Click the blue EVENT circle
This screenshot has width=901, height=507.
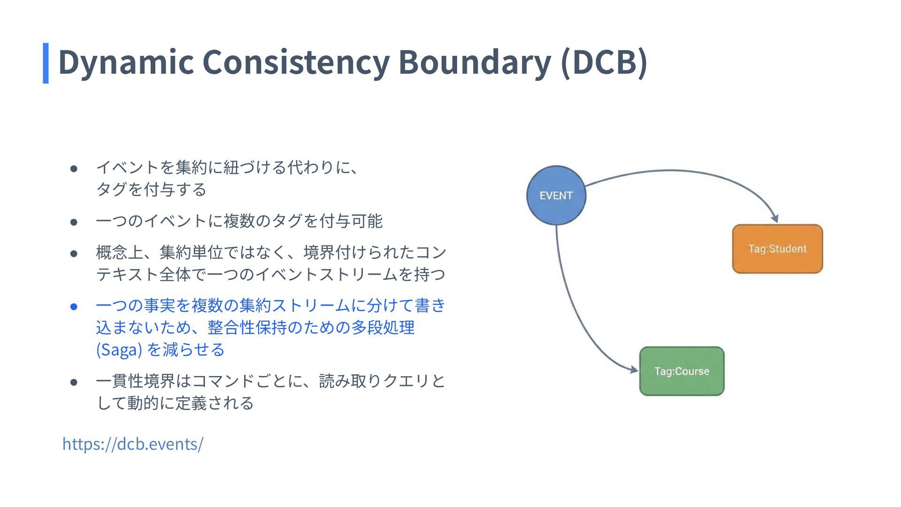[556, 195]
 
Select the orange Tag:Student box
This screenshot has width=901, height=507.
[777, 249]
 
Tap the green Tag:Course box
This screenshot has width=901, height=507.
[681, 371]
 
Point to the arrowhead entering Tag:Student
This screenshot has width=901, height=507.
[775, 218]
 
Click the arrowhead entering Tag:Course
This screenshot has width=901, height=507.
[634, 369]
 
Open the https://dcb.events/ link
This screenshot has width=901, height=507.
[133, 444]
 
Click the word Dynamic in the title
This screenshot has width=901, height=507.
[126, 62]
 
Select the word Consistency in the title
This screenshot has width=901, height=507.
[296, 62]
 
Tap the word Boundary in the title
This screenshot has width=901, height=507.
[474, 62]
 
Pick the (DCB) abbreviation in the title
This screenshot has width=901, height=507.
[604, 62]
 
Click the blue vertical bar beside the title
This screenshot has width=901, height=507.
[46, 63]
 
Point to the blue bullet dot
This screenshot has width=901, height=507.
[74, 307]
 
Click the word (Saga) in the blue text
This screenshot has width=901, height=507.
[119, 350]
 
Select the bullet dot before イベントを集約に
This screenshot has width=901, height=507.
[74, 168]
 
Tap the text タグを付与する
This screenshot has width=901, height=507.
[151, 189]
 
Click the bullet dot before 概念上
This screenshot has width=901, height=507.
[74, 253]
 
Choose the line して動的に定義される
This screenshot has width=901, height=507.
[175, 403]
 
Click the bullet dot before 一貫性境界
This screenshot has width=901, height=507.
[74, 382]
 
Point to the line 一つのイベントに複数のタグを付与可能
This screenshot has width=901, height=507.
[239, 221]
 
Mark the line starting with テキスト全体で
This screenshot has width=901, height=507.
[270, 274]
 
